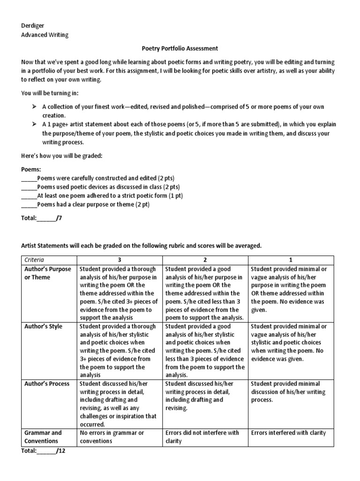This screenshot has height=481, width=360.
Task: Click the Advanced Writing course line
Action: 45,34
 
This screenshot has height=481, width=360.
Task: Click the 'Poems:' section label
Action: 31,169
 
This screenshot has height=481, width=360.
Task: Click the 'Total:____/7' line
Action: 42,218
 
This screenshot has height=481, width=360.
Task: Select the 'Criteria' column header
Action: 36,260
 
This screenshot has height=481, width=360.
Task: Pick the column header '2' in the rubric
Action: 205,260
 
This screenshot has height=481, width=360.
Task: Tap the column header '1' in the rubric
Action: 291,260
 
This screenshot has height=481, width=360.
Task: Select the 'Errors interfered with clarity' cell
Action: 288,433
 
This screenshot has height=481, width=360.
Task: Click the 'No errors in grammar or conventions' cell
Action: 112,436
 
